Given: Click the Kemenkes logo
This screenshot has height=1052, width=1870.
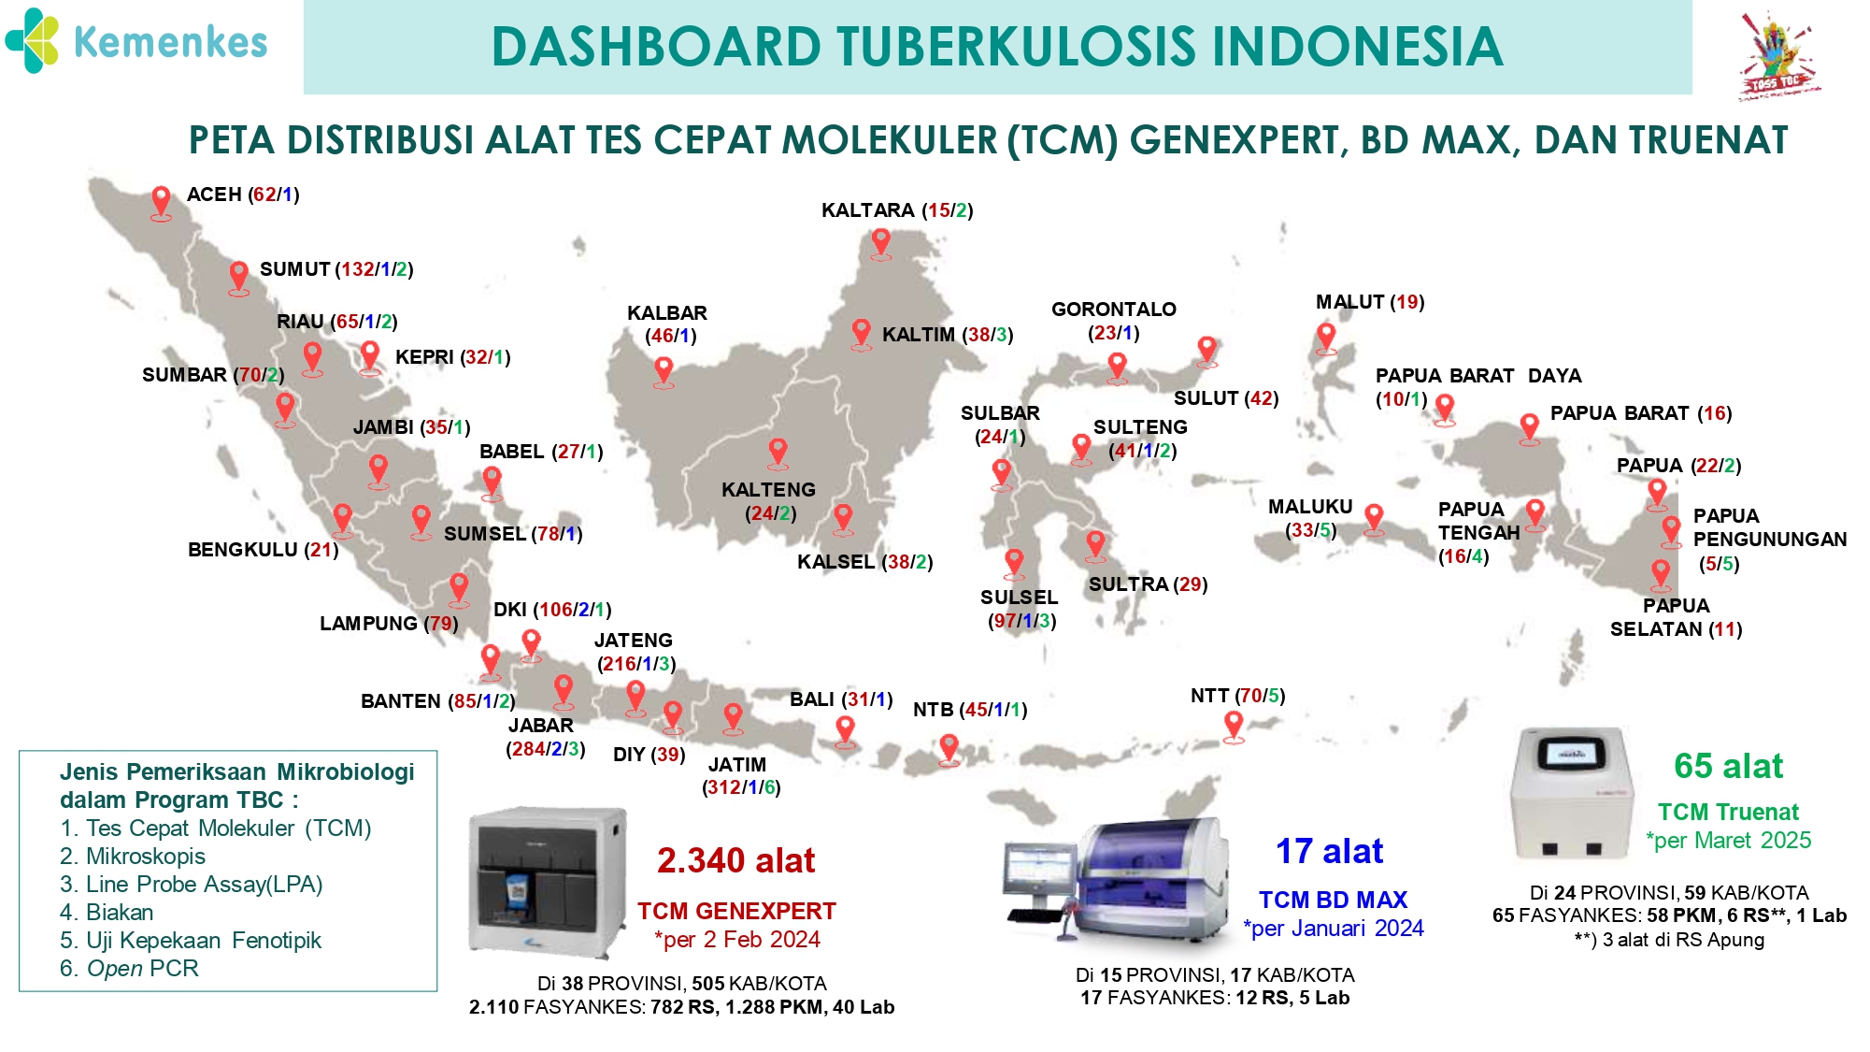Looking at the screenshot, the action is [x=136, y=41].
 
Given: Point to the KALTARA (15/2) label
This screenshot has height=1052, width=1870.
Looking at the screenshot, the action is [x=897, y=210].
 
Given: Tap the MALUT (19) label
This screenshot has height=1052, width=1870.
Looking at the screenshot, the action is [x=1370, y=302].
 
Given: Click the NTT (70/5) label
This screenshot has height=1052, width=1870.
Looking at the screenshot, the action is [x=1237, y=696].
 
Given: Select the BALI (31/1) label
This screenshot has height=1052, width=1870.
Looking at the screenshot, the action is [x=841, y=699].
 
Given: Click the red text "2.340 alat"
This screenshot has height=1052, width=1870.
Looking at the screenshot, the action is [x=736, y=860].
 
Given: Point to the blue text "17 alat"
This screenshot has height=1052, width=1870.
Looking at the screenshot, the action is [x=1330, y=851].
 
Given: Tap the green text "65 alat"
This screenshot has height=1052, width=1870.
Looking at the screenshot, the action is [x=1728, y=766].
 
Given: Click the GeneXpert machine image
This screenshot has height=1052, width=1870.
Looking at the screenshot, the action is [x=548, y=882].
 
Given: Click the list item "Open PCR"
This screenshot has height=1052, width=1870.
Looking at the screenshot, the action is [x=130, y=969].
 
